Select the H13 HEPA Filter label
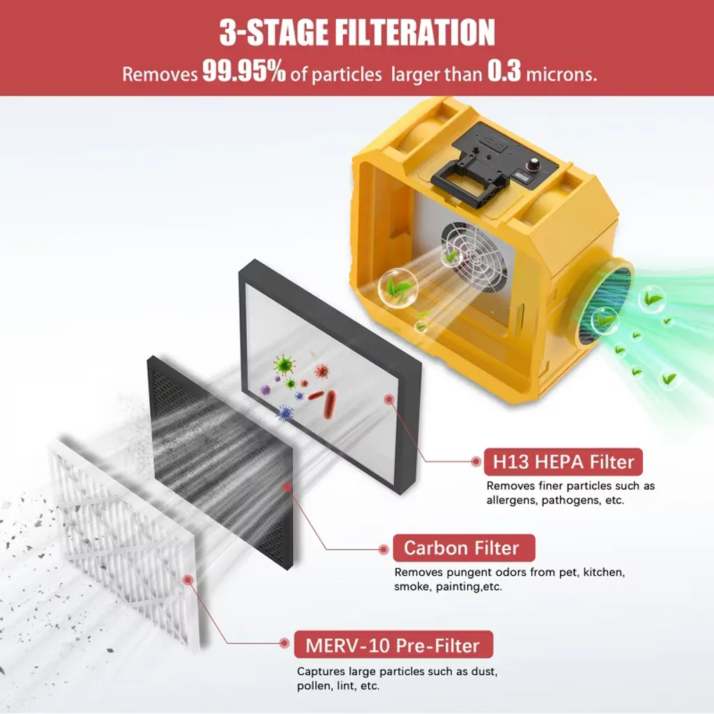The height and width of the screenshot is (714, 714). pos(563,462)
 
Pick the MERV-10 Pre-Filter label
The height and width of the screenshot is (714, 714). pos(393,645)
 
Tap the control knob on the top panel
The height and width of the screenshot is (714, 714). pos(531,164)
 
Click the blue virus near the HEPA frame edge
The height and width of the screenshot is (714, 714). pos(285,413)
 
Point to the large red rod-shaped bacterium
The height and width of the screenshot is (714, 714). pos(329,404)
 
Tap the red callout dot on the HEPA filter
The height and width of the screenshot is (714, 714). pos(388,400)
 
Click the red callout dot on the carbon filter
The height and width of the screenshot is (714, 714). pos(287,487)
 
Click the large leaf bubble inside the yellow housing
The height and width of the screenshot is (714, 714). pos(397,289)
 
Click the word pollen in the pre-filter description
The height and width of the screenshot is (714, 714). pos(314,686)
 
